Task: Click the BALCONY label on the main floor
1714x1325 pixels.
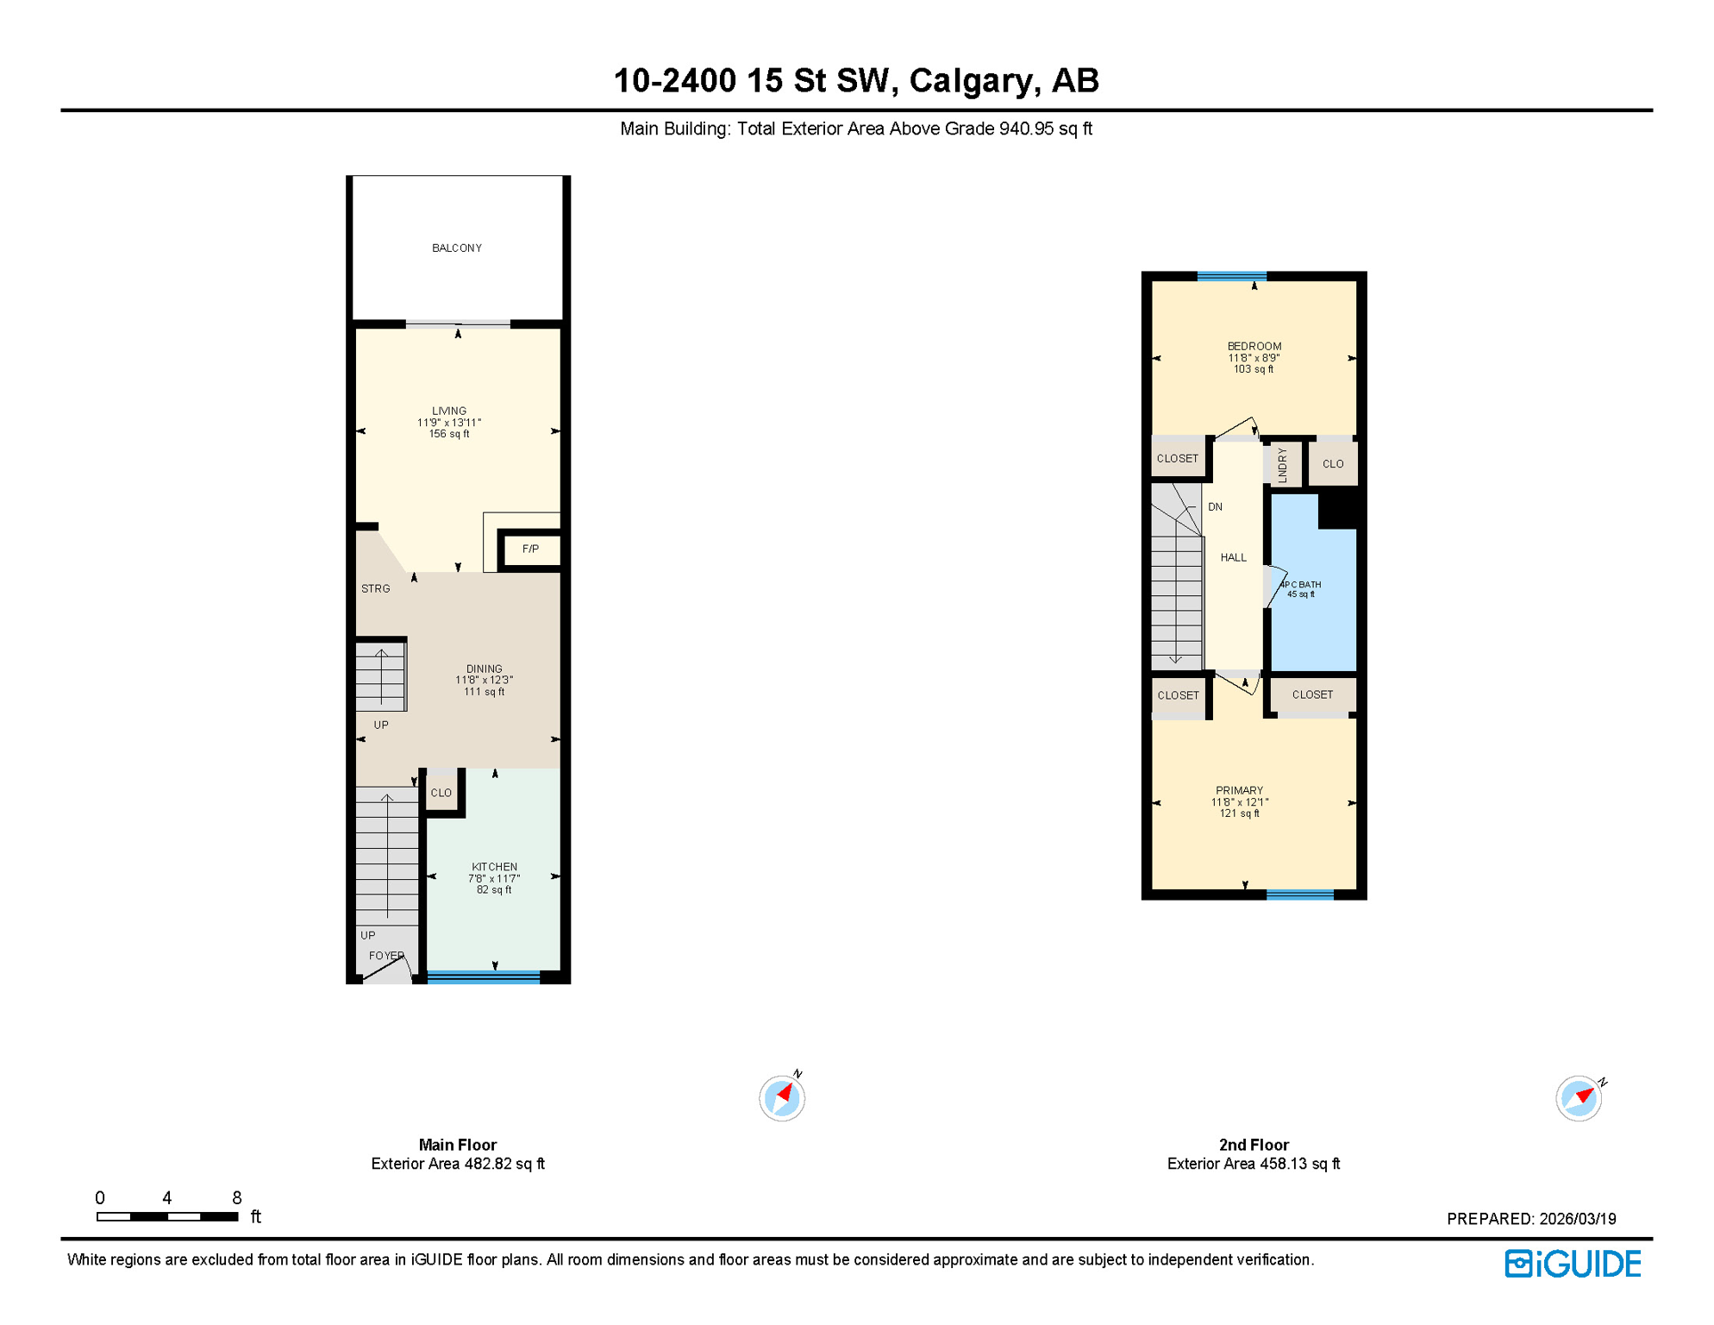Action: pyautogui.click(x=457, y=248)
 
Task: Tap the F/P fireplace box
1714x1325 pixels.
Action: pyautogui.click(x=530, y=549)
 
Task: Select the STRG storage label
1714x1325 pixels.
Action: pyautogui.click(x=376, y=589)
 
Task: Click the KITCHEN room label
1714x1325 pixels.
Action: pyautogui.click(x=494, y=867)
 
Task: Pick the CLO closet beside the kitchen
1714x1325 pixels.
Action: pyautogui.click(x=441, y=793)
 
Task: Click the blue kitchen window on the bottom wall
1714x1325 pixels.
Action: pyautogui.click(x=484, y=977)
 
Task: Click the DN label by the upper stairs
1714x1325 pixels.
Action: pyautogui.click(x=1215, y=507)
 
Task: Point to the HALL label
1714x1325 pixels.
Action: pyautogui.click(x=1233, y=558)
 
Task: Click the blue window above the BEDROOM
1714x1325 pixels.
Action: pyautogui.click(x=1231, y=277)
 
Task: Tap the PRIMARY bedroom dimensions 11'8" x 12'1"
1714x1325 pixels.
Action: pyautogui.click(x=1239, y=802)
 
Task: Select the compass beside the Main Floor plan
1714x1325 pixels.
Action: pyautogui.click(x=782, y=1098)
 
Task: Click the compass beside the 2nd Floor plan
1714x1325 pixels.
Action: pyautogui.click(x=1578, y=1098)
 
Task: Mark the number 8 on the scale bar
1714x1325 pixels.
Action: pyautogui.click(x=237, y=1198)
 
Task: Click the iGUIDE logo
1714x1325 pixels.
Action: pyautogui.click(x=1573, y=1265)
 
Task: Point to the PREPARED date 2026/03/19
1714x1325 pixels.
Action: pyautogui.click(x=1577, y=1219)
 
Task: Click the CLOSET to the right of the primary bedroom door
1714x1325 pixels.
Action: pyautogui.click(x=1312, y=695)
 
